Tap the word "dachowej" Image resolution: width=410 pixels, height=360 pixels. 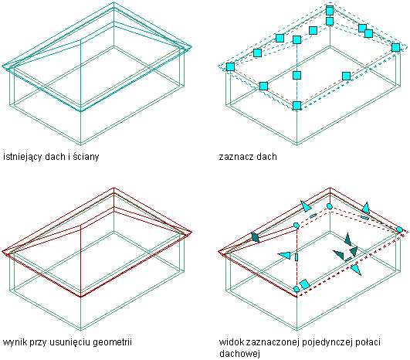(x=239, y=354)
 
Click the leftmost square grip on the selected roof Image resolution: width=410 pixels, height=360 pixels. (x=230, y=66)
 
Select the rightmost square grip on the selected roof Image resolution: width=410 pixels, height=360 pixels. (x=395, y=47)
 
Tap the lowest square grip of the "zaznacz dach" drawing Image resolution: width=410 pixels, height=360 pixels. (x=296, y=105)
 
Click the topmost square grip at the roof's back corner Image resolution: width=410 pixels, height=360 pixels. (x=330, y=11)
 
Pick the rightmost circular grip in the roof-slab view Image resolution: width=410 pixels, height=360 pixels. (x=399, y=230)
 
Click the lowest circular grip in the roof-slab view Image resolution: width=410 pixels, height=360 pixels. (x=296, y=289)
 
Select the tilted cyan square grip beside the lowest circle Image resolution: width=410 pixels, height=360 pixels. (x=305, y=284)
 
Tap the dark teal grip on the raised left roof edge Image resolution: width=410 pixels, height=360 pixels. (x=255, y=237)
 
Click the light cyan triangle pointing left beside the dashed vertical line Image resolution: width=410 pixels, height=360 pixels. (x=284, y=256)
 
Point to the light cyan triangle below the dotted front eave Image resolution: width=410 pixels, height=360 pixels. (x=356, y=270)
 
